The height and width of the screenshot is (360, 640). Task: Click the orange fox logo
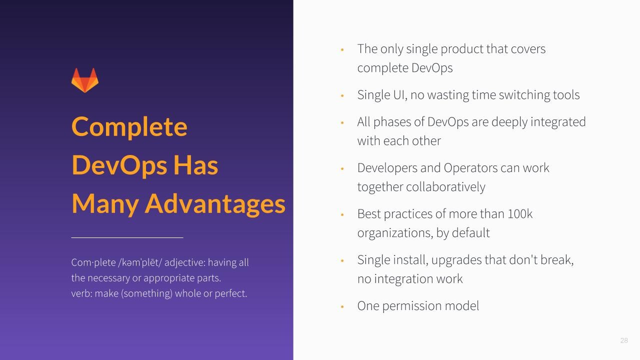pos(85,80)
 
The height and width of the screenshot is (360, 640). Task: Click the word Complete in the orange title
pos(129,127)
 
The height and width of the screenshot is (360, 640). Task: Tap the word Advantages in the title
pos(215,203)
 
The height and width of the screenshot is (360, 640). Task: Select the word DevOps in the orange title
pos(119,165)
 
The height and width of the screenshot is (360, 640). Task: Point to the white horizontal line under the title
pos(127,237)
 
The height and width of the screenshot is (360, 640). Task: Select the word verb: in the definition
pos(81,293)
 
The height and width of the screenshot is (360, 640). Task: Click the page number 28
pos(624,340)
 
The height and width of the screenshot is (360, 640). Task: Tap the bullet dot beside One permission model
pos(342,307)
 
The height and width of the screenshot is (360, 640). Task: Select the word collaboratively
pos(445,187)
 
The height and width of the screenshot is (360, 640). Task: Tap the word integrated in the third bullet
pos(558,122)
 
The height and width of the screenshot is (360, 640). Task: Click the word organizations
pos(395,233)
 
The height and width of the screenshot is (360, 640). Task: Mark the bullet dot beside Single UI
pos(342,95)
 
